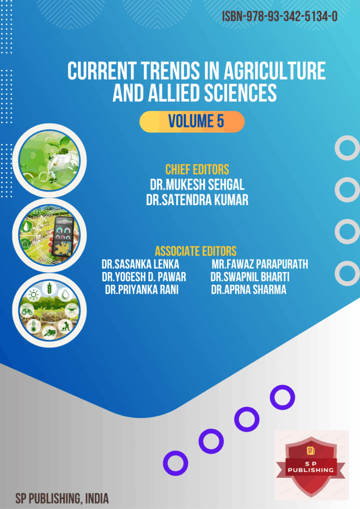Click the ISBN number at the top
pyautogui.click(x=280, y=16)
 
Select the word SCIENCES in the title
pyautogui.click(x=240, y=93)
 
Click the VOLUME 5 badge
pyautogui.click(x=192, y=122)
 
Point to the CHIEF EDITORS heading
pyautogui.click(x=197, y=170)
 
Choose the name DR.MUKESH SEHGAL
pyautogui.click(x=197, y=185)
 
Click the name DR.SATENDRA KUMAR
pyautogui.click(x=197, y=200)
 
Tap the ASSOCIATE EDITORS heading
pyautogui.click(x=196, y=251)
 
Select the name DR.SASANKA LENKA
pyautogui.click(x=140, y=264)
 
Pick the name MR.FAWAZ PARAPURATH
pyautogui.click(x=260, y=264)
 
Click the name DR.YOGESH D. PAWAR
pyautogui.click(x=144, y=277)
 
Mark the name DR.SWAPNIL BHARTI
pyautogui.click(x=250, y=277)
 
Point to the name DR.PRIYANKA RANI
pyautogui.click(x=142, y=290)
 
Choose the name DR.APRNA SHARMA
pyautogui.click(x=249, y=290)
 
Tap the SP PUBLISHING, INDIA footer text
pyautogui.click(x=62, y=499)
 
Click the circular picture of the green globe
pyautogui.click(x=49, y=161)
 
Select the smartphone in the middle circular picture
pyautogui.click(x=63, y=236)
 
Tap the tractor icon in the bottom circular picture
pyautogui.click(x=27, y=311)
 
